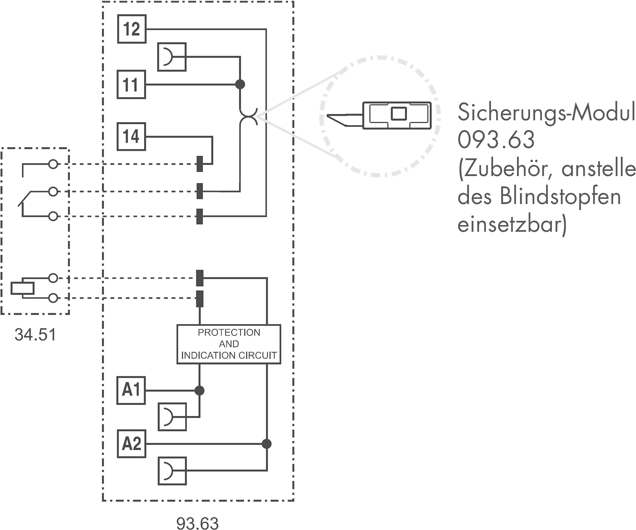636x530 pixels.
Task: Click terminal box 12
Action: pyautogui.click(x=132, y=29)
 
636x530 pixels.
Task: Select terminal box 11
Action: pyautogui.click(x=131, y=84)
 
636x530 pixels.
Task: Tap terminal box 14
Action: pyautogui.click(x=131, y=137)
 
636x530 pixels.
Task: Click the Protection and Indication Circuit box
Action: pyautogui.click(x=229, y=344)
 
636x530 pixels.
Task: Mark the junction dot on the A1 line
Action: pyautogui.click(x=199, y=390)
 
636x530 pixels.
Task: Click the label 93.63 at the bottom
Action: pyautogui.click(x=197, y=523)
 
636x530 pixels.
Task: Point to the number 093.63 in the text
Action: pyautogui.click(x=496, y=140)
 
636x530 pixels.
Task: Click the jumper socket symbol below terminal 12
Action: pyautogui.click(x=172, y=57)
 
